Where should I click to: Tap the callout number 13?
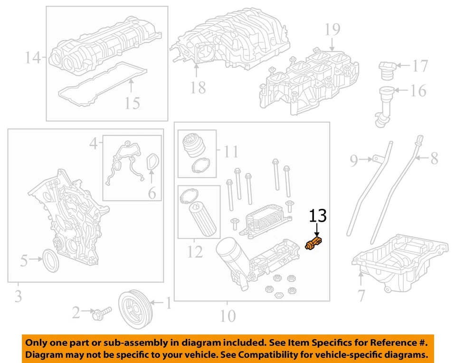pos(318,216)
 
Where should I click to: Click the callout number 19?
pos(332,30)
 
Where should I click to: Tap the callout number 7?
pos(361,296)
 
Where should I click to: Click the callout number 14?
pos(33,58)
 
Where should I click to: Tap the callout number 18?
pos(198,87)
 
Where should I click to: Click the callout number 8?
pos(434,158)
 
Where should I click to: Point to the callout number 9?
pos(354,161)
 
